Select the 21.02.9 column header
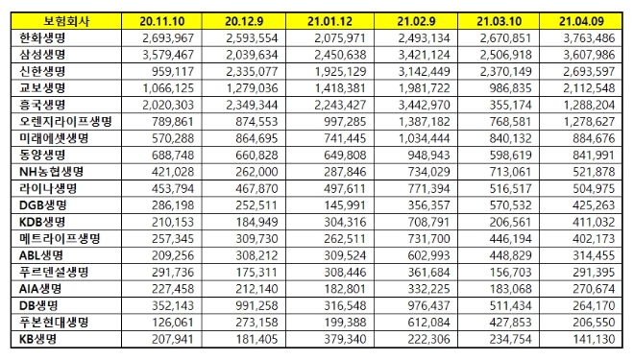tap(424, 18)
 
